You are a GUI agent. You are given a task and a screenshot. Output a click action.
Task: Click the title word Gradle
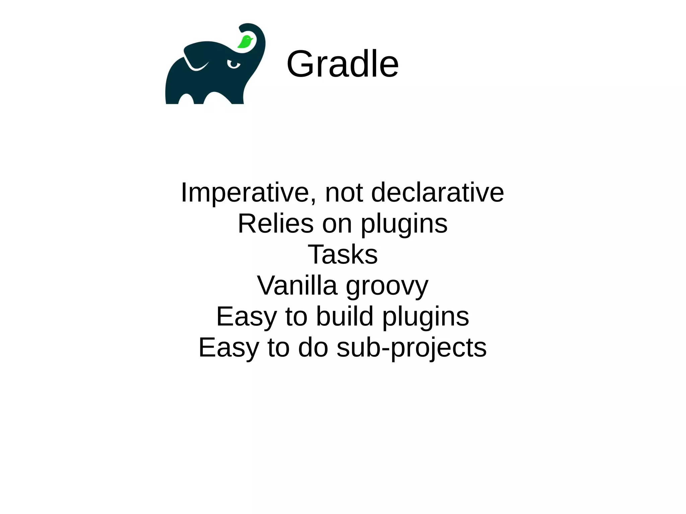(342, 64)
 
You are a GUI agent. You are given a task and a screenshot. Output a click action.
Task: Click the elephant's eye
(233, 64)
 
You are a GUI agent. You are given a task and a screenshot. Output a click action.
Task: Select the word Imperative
(245, 193)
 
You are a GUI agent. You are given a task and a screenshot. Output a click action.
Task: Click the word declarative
(437, 193)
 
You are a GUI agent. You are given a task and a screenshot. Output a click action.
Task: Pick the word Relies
(276, 223)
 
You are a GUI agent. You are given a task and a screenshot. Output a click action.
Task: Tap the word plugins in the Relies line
(404, 224)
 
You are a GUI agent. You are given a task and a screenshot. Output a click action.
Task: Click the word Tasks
(342, 254)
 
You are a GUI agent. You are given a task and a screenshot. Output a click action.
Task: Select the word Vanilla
(297, 285)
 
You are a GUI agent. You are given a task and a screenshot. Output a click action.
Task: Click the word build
(345, 316)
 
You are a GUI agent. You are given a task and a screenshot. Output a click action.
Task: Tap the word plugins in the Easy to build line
(425, 317)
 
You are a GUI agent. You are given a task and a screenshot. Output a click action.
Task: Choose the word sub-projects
(411, 348)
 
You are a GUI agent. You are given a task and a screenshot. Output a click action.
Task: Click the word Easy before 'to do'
(228, 348)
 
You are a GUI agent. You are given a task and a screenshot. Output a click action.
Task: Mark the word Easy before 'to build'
(246, 317)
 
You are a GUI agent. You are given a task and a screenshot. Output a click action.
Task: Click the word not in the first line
(344, 193)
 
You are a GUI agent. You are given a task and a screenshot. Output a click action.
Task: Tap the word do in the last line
(313, 347)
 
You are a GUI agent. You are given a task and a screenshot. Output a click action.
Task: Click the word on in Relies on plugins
(337, 224)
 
